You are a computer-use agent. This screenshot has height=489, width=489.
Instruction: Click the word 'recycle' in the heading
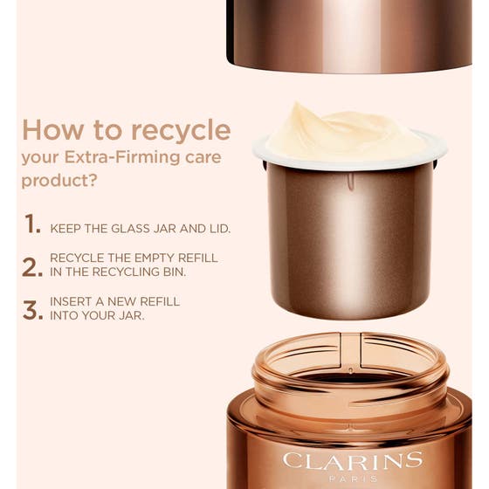point(181,130)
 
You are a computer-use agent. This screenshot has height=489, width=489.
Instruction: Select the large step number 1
point(32,224)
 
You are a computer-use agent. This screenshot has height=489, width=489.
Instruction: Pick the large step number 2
point(32,267)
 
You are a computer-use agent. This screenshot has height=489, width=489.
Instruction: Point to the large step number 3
point(32,310)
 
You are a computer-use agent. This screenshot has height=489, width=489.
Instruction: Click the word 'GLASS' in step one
point(139,229)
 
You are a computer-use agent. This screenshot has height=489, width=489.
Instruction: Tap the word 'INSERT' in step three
point(73,301)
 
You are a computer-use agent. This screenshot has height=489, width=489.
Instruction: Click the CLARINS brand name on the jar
point(352,460)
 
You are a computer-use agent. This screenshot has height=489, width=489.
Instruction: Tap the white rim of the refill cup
point(262,154)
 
